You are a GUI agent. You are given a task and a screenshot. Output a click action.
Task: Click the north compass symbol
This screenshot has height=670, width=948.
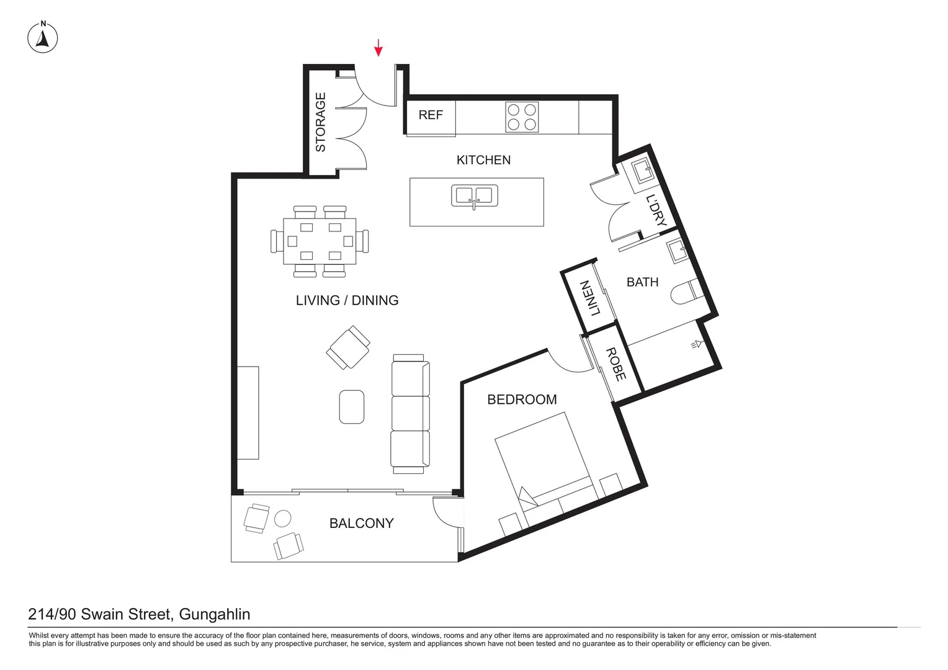point(43,38)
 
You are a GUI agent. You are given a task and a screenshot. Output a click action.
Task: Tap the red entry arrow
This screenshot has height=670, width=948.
point(378,48)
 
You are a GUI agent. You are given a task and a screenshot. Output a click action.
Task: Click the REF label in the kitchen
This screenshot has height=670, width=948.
point(431,115)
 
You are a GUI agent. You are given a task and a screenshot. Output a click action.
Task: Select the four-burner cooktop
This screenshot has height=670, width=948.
point(522,117)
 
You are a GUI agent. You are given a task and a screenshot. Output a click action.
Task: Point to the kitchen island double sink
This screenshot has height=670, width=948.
point(475,196)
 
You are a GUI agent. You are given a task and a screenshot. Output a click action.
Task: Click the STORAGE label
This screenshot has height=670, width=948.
point(321,122)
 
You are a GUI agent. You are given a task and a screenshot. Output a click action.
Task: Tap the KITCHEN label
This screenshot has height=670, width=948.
point(483,160)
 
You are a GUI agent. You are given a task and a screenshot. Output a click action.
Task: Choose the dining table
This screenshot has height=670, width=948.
point(320,241)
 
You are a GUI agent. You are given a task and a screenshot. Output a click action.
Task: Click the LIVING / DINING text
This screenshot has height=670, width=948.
point(347,300)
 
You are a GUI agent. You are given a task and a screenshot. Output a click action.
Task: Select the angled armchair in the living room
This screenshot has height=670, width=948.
point(348,347)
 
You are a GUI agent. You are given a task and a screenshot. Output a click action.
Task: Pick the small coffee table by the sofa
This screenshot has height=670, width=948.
point(352,407)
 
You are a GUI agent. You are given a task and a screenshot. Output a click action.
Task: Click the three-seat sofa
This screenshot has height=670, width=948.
point(410,414)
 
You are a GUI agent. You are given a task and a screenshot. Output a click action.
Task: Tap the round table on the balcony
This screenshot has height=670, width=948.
point(283,519)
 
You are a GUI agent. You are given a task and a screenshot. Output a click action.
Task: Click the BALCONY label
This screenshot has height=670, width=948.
point(361,524)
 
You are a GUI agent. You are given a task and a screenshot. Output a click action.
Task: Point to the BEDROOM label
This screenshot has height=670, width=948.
point(522,400)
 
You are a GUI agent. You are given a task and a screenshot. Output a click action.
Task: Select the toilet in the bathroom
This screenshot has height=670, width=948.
point(686,293)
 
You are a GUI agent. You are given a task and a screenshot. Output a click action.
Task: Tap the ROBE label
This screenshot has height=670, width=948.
point(616,364)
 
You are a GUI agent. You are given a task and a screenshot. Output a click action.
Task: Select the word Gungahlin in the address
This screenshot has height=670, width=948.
point(215,615)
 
